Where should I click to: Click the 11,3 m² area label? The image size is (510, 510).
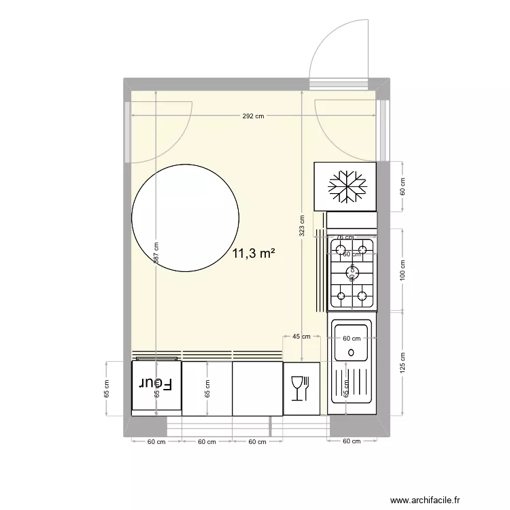coord(254,254)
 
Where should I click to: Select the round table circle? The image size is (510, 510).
coord(185,218)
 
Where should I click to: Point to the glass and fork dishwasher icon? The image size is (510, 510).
coord(300,389)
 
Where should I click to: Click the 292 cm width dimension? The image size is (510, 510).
coord(253,116)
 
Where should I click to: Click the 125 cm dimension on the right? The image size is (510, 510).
coord(402,362)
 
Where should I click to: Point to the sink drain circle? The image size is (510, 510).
coord(351,352)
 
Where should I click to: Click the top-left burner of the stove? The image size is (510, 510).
coord(339,245)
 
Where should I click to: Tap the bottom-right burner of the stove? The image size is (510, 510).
coord(362,295)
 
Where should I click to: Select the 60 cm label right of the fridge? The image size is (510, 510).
coord(402,186)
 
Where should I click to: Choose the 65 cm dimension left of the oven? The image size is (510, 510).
coord(106,388)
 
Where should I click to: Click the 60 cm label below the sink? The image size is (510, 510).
coord(351,441)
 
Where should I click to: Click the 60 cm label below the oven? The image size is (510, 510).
coord(156,441)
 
